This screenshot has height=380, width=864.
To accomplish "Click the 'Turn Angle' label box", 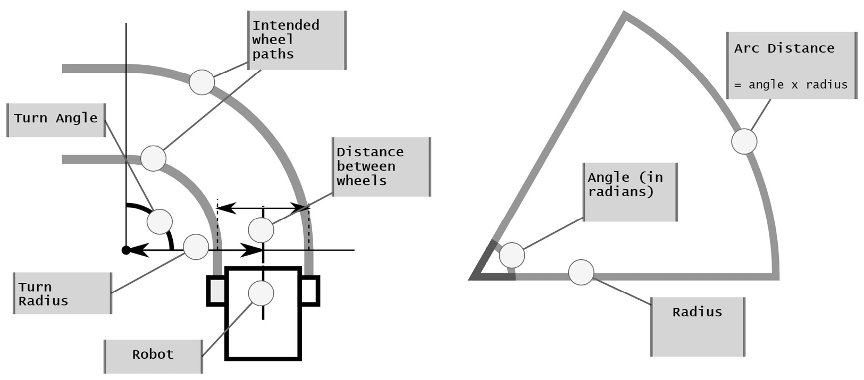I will tap(56, 120).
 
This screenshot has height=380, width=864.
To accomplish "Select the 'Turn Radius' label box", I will tap(63, 293).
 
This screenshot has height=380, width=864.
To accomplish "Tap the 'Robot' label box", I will tap(153, 356).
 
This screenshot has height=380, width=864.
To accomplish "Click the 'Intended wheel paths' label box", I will tap(297, 40).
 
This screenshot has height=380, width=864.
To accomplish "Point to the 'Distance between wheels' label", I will tap(381, 167).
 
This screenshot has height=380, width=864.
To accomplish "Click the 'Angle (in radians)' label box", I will tap(630, 191).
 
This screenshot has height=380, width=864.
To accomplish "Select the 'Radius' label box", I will tap(698, 326).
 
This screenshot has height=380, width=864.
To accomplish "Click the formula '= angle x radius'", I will tap(791, 85).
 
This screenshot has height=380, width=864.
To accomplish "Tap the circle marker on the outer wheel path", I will tap(202, 82).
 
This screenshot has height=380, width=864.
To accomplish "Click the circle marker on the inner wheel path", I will tap(153, 158).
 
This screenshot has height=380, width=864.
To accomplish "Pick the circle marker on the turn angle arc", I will tap(160, 222).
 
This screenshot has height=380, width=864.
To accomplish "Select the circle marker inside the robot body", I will tap(261, 293).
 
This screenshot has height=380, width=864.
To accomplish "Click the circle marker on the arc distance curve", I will tap(744, 141).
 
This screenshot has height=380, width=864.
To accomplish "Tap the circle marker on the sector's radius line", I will tap(581, 272).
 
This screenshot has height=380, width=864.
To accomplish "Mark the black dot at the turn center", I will tap(126, 250).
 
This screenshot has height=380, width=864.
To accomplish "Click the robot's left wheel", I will tap(216, 291).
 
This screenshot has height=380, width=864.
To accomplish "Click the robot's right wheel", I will tap(311, 291).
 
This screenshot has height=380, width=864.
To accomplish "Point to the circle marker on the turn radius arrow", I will tap(196, 247).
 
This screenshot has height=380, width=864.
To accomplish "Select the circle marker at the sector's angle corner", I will tap(512, 256).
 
